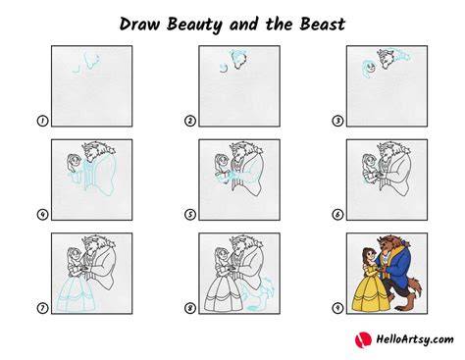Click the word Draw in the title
coord(140,25)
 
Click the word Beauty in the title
coord(194,26)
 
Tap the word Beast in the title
coord(322,25)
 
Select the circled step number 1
coord(42,121)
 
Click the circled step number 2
coord(190,121)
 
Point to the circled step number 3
coord(337,121)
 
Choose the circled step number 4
coord(42,215)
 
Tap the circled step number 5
coord(190,215)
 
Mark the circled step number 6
coord(337,215)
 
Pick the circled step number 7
coord(42,308)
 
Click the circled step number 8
coord(190,308)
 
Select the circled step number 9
coord(337,308)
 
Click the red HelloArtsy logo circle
coord(363,339)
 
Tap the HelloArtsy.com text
coord(415,339)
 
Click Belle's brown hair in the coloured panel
coord(366,258)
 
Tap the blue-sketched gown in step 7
coord(76,295)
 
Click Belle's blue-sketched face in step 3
coord(370,69)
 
